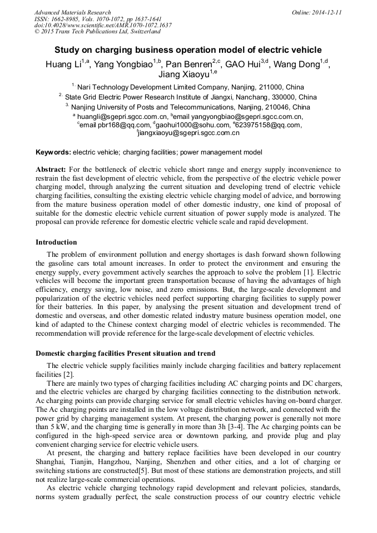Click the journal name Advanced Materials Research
(72, 12)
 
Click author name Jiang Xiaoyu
(183, 74)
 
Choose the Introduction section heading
(56, 242)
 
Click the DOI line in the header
(103, 25)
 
